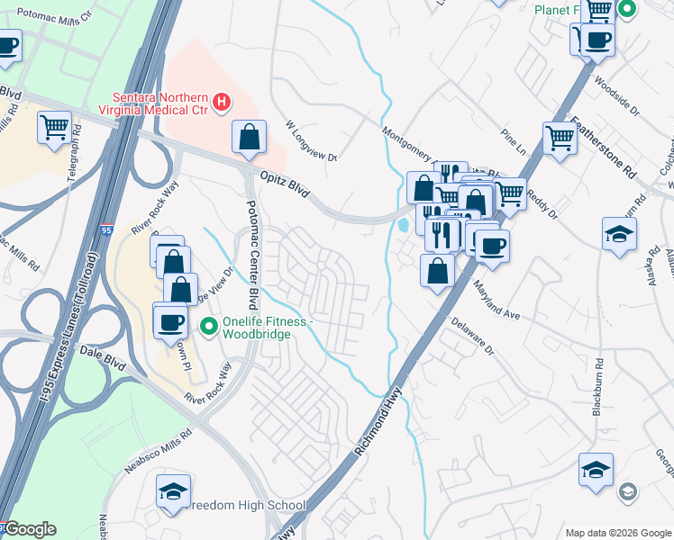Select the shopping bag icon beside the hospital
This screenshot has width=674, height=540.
[249, 137]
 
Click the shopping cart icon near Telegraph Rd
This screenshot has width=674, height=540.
[55, 127]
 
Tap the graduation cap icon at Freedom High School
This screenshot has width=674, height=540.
[172, 492]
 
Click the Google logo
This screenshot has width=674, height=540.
[30, 529]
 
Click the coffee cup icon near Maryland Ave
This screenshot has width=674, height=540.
[492, 246]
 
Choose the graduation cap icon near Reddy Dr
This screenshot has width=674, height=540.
[619, 233]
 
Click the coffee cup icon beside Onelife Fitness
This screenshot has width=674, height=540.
[170, 321]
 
